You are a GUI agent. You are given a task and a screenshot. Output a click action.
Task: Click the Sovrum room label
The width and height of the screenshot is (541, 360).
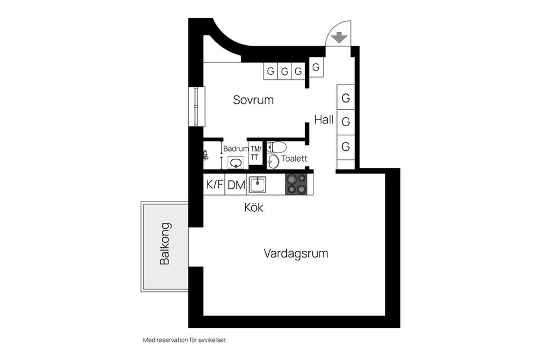(x=253, y=100)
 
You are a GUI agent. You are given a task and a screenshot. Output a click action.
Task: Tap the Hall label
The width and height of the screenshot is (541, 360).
(x=324, y=119)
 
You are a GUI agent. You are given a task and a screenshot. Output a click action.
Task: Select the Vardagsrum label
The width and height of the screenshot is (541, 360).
(x=295, y=254)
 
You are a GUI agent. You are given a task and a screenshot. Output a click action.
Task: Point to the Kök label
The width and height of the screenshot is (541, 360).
(x=254, y=207)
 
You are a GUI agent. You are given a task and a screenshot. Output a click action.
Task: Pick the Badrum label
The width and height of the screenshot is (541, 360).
(x=236, y=149)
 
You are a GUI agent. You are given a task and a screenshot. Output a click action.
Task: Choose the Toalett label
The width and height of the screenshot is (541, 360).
(x=294, y=159)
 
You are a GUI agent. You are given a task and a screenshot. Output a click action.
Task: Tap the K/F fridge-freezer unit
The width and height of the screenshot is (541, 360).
(x=214, y=184)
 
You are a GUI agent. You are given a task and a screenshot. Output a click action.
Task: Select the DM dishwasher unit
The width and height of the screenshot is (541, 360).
(x=236, y=184)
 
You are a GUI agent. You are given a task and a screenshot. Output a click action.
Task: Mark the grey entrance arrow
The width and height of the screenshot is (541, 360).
(x=338, y=38)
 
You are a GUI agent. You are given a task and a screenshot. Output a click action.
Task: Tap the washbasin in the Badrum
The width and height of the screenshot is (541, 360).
(x=236, y=163)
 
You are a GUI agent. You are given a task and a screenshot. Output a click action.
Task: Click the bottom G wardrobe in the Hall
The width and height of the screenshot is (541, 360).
(x=346, y=147)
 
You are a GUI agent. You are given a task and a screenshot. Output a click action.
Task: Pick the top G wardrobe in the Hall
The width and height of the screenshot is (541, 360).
(x=346, y=98)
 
